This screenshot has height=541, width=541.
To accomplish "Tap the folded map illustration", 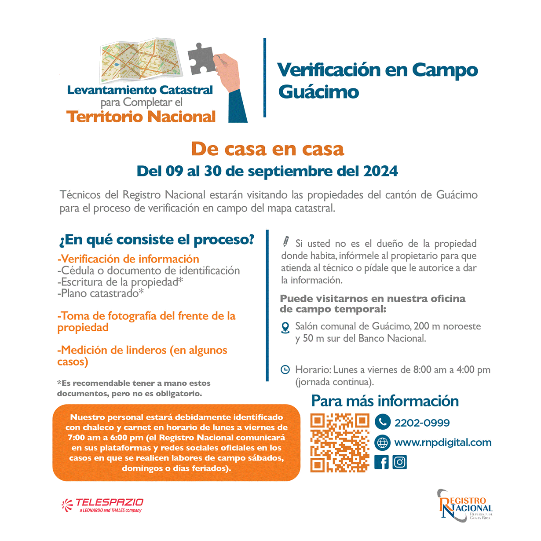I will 141,60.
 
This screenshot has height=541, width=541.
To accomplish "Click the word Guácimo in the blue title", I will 319,92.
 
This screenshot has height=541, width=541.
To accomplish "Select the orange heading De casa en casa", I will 267,149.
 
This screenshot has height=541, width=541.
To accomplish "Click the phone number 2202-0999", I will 422,423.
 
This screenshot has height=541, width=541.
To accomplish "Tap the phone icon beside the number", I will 383,422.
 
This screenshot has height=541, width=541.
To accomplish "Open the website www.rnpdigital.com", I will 442,442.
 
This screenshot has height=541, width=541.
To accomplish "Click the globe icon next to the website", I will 383,442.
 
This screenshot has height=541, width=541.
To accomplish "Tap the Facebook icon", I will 382,462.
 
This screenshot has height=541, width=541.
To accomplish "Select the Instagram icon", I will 399,462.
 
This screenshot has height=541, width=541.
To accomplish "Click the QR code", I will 340,443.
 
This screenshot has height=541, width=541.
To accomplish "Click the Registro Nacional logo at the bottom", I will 465,506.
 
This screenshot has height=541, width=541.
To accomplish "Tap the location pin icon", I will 285,328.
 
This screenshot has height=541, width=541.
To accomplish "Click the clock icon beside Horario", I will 285,370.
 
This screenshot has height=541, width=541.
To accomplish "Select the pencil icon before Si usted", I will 286,241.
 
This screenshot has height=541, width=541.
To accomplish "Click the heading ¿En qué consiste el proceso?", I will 157,240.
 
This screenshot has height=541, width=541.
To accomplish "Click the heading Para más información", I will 385,401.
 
